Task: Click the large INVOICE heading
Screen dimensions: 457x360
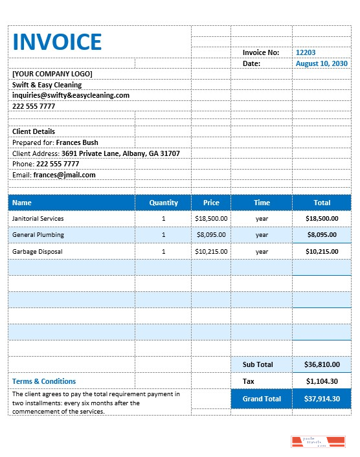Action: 57,41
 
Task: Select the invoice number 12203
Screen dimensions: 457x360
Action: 306,52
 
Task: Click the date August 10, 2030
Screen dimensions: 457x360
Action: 322,63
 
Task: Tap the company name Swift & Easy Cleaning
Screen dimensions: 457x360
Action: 47,85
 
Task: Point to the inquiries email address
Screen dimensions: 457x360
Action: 71,95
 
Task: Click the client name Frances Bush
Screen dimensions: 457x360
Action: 77,142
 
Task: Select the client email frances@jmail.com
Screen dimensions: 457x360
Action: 64,175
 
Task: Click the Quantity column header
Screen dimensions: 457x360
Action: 163,203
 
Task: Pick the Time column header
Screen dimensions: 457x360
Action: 262,203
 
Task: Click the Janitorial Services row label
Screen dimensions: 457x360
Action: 38,219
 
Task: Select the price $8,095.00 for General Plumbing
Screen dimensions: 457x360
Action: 211,235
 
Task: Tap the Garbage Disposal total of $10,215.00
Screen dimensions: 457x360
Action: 322,251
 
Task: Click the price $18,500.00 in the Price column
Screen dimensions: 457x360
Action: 211,219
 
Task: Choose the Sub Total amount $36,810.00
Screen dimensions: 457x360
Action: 322,364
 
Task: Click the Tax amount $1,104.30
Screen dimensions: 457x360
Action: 322,381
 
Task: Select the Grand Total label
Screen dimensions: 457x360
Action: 262,399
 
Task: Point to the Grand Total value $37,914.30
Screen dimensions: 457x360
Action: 322,399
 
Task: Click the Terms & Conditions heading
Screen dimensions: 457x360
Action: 44,381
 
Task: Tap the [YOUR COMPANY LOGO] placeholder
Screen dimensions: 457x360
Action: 52,74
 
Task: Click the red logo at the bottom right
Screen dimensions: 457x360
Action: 317,442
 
